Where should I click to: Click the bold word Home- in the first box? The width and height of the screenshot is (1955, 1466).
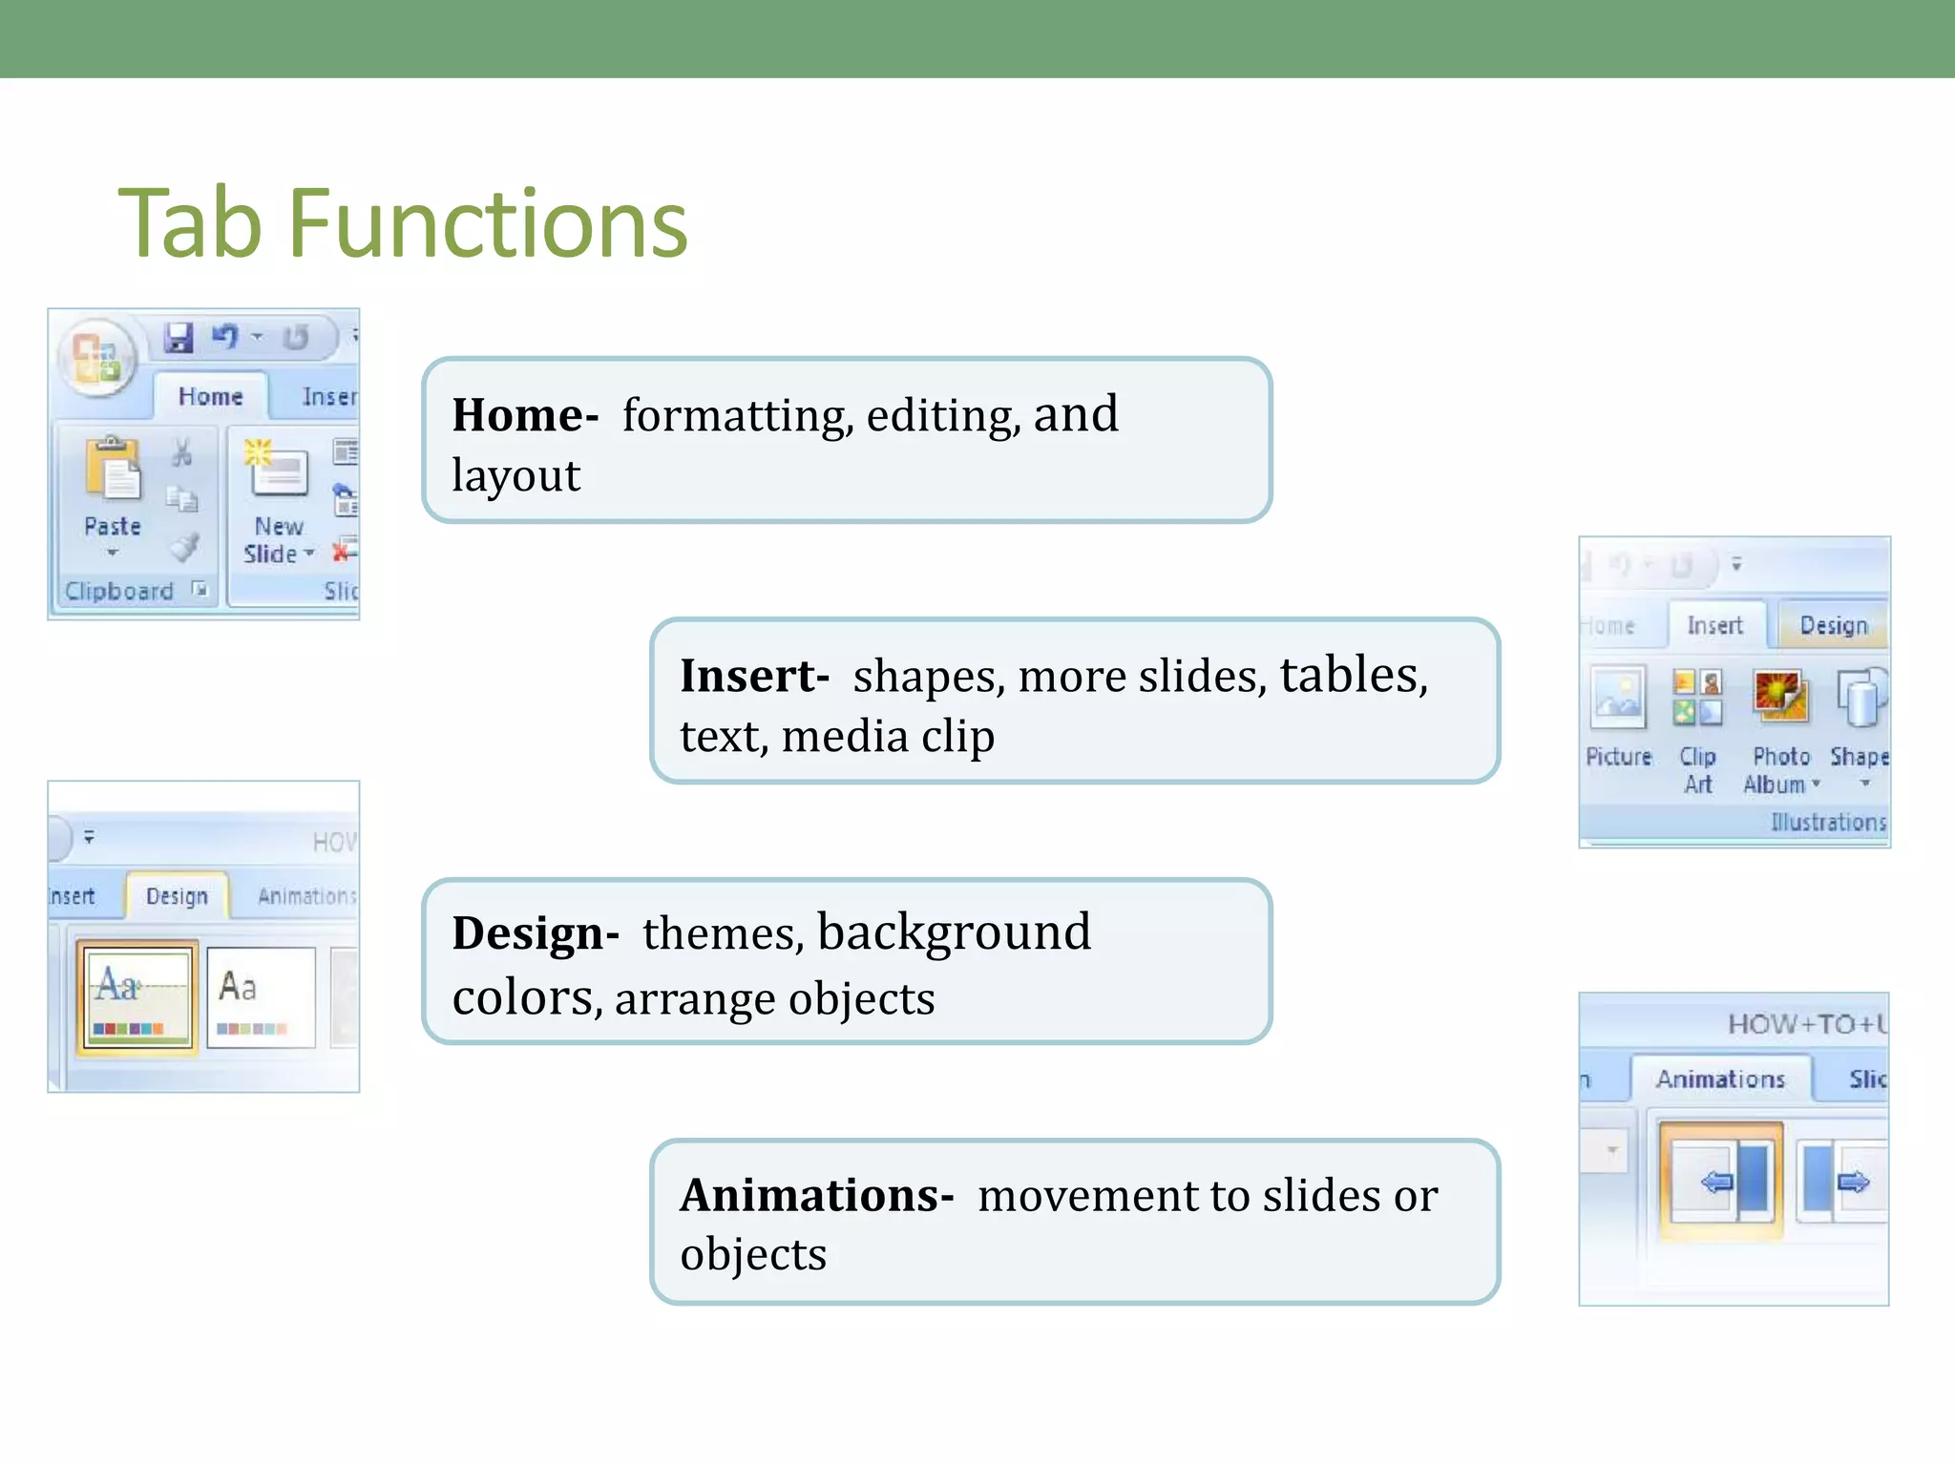[524, 415]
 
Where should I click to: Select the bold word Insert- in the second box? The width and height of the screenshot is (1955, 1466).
[753, 676]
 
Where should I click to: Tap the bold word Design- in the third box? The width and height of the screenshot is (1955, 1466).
[535, 932]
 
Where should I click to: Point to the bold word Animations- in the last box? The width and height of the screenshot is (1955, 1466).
[816, 1195]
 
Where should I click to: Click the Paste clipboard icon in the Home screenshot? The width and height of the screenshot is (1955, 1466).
[113, 470]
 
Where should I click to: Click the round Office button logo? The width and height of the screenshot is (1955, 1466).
[96, 359]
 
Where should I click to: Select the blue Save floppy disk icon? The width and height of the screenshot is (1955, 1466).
[179, 337]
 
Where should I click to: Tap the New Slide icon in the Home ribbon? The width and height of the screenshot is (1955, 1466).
[277, 468]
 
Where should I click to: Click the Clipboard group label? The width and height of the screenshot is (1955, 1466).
[119, 591]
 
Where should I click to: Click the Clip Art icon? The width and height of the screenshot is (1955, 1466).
[1697, 698]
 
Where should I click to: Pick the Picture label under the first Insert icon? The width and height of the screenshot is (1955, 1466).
[1618, 757]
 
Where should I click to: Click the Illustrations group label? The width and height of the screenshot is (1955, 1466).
[1828, 822]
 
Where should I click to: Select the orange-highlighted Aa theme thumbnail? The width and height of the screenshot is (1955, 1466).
[137, 996]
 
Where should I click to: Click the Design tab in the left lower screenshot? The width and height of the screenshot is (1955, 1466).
[177, 896]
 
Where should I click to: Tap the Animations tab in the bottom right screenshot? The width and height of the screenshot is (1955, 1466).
[1720, 1079]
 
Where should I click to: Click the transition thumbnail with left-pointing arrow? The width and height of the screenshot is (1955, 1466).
[1721, 1182]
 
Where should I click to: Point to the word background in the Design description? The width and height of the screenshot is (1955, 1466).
[954, 932]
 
